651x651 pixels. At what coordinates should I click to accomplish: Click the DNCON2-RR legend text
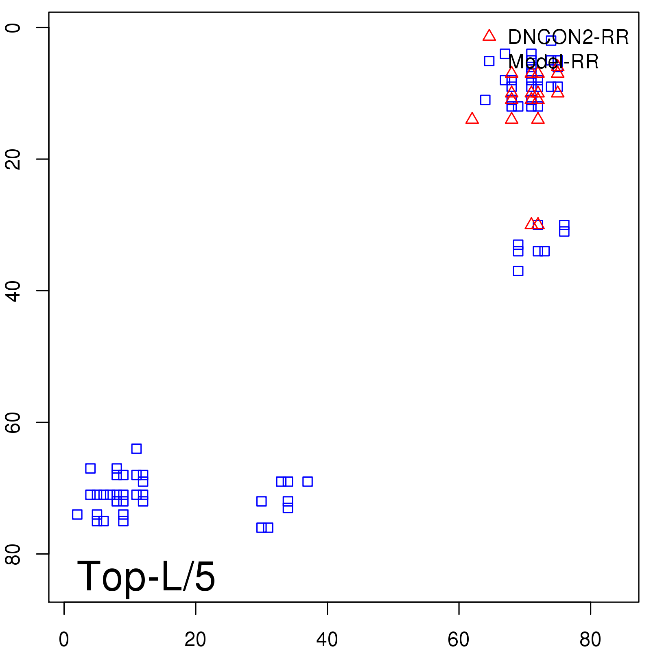click(568, 37)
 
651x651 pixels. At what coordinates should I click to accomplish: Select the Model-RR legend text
click(553, 62)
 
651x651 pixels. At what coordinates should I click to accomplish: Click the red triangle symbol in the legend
click(489, 36)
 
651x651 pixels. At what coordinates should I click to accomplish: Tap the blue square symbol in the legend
click(489, 61)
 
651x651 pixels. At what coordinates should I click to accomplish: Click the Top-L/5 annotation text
click(146, 576)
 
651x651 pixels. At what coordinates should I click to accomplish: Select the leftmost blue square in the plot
click(77, 514)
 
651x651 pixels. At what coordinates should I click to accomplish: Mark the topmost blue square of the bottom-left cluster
click(136, 448)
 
